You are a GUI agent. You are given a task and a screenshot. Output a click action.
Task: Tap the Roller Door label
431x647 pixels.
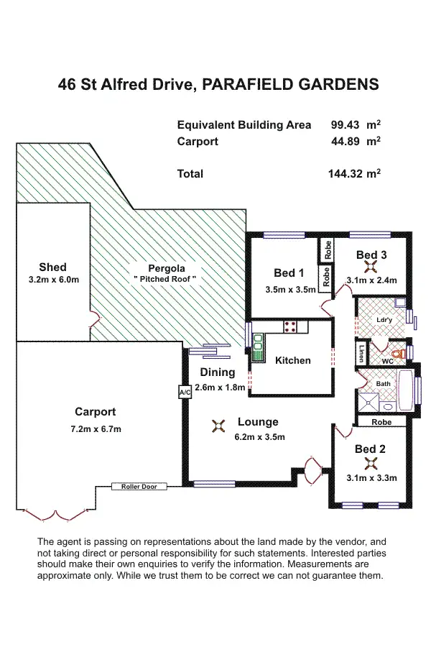pyautogui.click(x=139, y=487)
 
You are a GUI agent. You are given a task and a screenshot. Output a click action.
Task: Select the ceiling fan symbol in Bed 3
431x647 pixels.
pyautogui.click(x=371, y=267)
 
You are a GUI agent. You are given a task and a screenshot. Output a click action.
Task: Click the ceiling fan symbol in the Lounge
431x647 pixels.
pyautogui.click(x=218, y=426)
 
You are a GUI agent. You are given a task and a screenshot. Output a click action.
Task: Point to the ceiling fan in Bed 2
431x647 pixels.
pyautogui.click(x=371, y=463)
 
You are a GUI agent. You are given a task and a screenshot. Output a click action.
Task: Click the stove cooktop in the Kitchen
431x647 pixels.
pyautogui.click(x=291, y=326)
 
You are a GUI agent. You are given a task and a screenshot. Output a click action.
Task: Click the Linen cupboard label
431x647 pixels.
pyautogui.click(x=361, y=353)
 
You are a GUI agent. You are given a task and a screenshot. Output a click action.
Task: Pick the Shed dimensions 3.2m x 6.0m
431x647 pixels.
pyautogui.click(x=52, y=280)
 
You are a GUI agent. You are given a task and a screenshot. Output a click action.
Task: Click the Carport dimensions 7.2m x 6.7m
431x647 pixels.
pyautogui.click(x=96, y=429)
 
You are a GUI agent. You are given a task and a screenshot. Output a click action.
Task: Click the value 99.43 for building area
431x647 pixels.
pyautogui.click(x=344, y=124)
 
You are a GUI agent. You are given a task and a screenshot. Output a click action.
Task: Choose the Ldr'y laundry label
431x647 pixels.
pyautogui.click(x=384, y=319)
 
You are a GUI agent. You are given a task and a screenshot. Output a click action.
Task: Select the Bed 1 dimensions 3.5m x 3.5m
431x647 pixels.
pyautogui.click(x=289, y=290)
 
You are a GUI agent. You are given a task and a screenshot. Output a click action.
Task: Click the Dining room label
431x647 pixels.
pyautogui.click(x=218, y=372)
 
